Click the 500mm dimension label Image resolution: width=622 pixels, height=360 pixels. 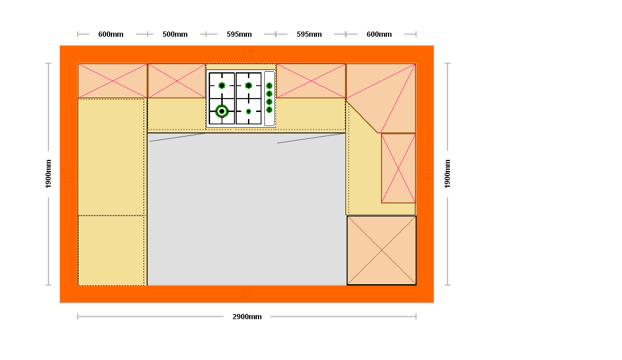click(x=175, y=34)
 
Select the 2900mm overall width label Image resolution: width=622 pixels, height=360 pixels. click(x=247, y=317)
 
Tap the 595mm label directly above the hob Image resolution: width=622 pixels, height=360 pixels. click(x=239, y=34)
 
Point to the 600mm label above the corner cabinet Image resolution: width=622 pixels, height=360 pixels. click(x=379, y=34)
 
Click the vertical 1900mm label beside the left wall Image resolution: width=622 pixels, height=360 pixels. click(x=48, y=174)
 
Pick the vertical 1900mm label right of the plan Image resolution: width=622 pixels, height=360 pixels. click(x=448, y=174)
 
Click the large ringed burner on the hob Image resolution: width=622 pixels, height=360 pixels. click(x=222, y=111)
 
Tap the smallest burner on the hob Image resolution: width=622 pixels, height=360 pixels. click(x=249, y=111)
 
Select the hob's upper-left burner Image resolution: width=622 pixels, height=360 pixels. click(x=222, y=85)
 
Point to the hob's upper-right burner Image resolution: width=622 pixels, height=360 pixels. click(x=249, y=85)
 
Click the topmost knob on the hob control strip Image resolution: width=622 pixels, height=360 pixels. click(x=270, y=86)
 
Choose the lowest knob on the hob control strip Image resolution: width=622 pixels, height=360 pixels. click(x=270, y=110)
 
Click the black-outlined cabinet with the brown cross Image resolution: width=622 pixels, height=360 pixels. click(x=382, y=250)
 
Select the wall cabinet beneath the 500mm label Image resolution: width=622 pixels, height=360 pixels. click(x=177, y=81)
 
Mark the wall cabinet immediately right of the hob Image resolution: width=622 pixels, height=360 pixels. click(x=311, y=81)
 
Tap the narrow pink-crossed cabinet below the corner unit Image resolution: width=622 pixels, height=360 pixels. click(x=399, y=168)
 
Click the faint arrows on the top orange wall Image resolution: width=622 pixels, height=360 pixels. click(x=247, y=54)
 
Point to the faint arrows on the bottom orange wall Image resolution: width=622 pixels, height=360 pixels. click(x=247, y=294)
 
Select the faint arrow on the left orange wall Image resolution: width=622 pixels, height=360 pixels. click(x=68, y=174)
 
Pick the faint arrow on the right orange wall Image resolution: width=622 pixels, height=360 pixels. click(x=425, y=174)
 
